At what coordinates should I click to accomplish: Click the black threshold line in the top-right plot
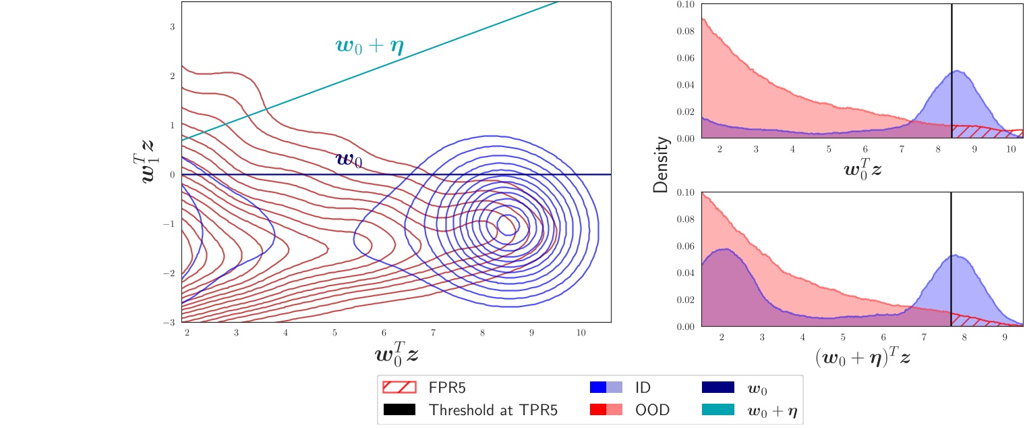pos(951,68)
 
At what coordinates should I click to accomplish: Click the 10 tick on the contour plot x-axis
pos(581,333)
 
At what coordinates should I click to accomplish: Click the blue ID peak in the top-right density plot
pos(956,73)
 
